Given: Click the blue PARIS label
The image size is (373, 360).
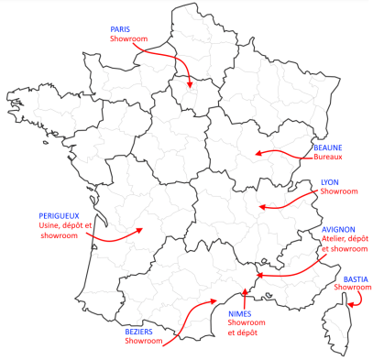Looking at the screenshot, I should (x=120, y=29).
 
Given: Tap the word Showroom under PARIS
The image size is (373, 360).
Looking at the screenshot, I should (x=127, y=39).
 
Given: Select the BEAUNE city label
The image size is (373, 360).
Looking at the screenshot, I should (x=329, y=147).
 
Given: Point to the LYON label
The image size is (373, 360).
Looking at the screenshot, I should (x=329, y=182).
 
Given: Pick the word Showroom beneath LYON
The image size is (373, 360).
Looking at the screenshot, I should (x=338, y=192).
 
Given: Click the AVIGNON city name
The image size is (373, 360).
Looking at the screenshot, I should (x=339, y=228).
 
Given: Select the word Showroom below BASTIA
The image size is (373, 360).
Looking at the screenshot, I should (x=353, y=288).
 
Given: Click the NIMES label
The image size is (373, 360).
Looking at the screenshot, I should (x=240, y=313).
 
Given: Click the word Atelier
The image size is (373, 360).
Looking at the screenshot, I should (x=335, y=238).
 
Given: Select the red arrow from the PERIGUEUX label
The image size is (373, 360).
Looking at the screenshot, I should (x=115, y=236).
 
